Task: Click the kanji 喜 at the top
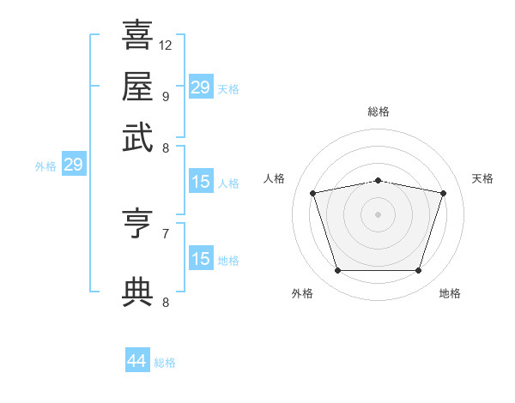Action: [137, 36]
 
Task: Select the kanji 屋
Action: [137, 86]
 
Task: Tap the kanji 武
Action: [137, 136]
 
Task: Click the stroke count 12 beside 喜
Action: [166, 45]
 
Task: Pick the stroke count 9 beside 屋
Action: [165, 96]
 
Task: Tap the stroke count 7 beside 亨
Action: [165, 232]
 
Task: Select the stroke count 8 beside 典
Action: [165, 302]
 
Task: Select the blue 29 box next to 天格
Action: [201, 87]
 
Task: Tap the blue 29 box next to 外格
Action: [73, 165]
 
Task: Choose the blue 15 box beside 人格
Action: [201, 182]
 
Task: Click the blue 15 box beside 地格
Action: [201, 259]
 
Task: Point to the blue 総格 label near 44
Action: [165, 363]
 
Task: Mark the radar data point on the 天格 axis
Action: [443, 193]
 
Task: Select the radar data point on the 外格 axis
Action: [337, 271]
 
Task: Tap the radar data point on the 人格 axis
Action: [313, 193]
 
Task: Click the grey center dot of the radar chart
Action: [378, 214]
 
